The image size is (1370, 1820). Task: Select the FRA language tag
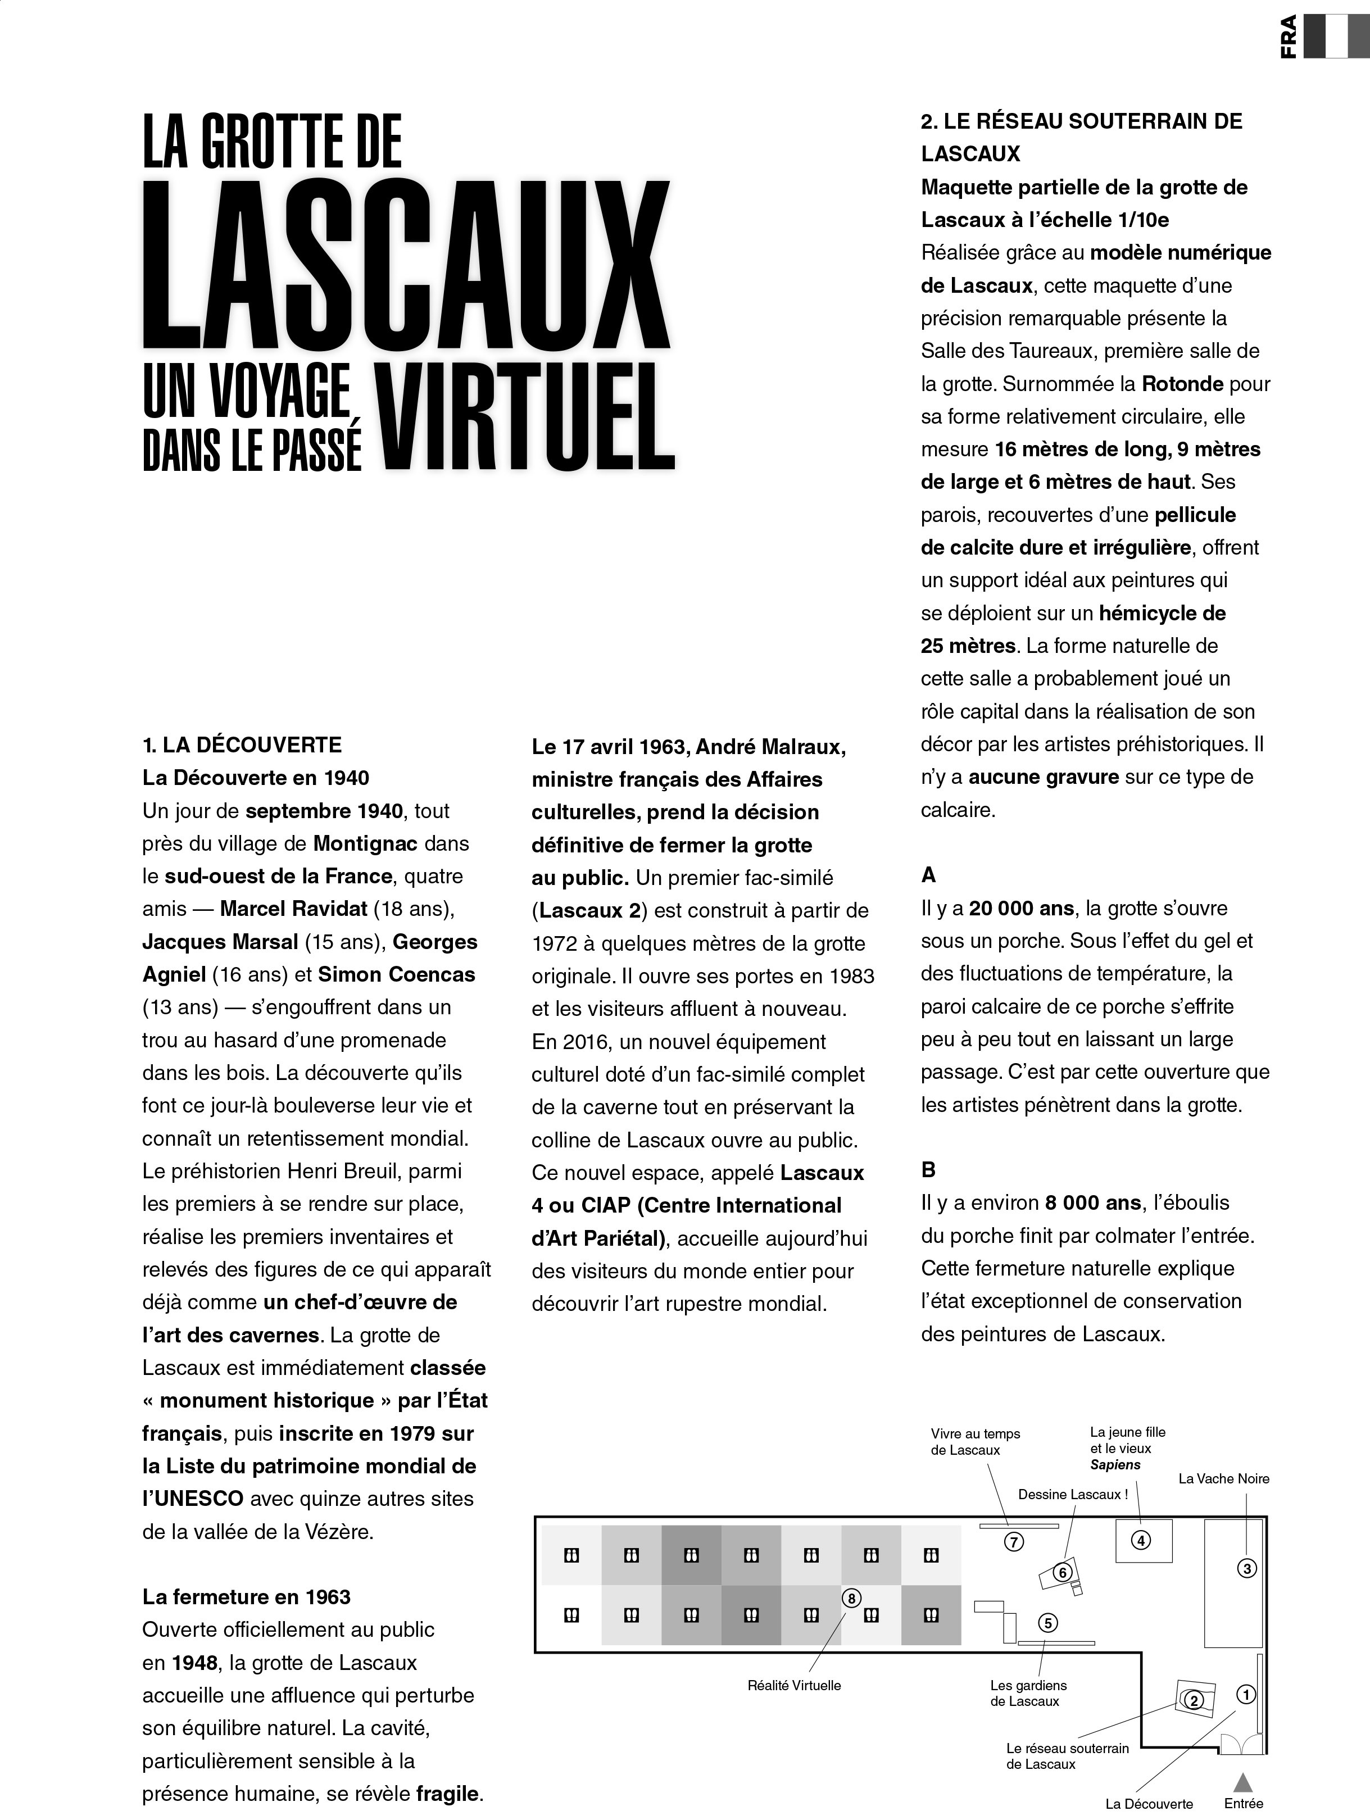click(x=1289, y=37)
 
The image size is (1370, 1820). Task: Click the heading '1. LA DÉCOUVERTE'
click(x=242, y=746)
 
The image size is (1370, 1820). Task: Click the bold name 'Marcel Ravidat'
click(x=293, y=909)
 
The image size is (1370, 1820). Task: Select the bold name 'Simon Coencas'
click(x=397, y=974)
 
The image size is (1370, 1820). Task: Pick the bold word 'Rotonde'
click(x=1182, y=384)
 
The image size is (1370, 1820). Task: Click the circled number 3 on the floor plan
click(x=1246, y=1569)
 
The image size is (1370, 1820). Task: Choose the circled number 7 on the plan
click(x=1014, y=1543)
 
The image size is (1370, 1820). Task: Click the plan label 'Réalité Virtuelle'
click(x=794, y=1685)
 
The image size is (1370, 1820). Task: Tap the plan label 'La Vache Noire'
click(x=1223, y=1478)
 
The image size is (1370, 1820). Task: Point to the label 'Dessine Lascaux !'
click(x=1072, y=1494)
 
